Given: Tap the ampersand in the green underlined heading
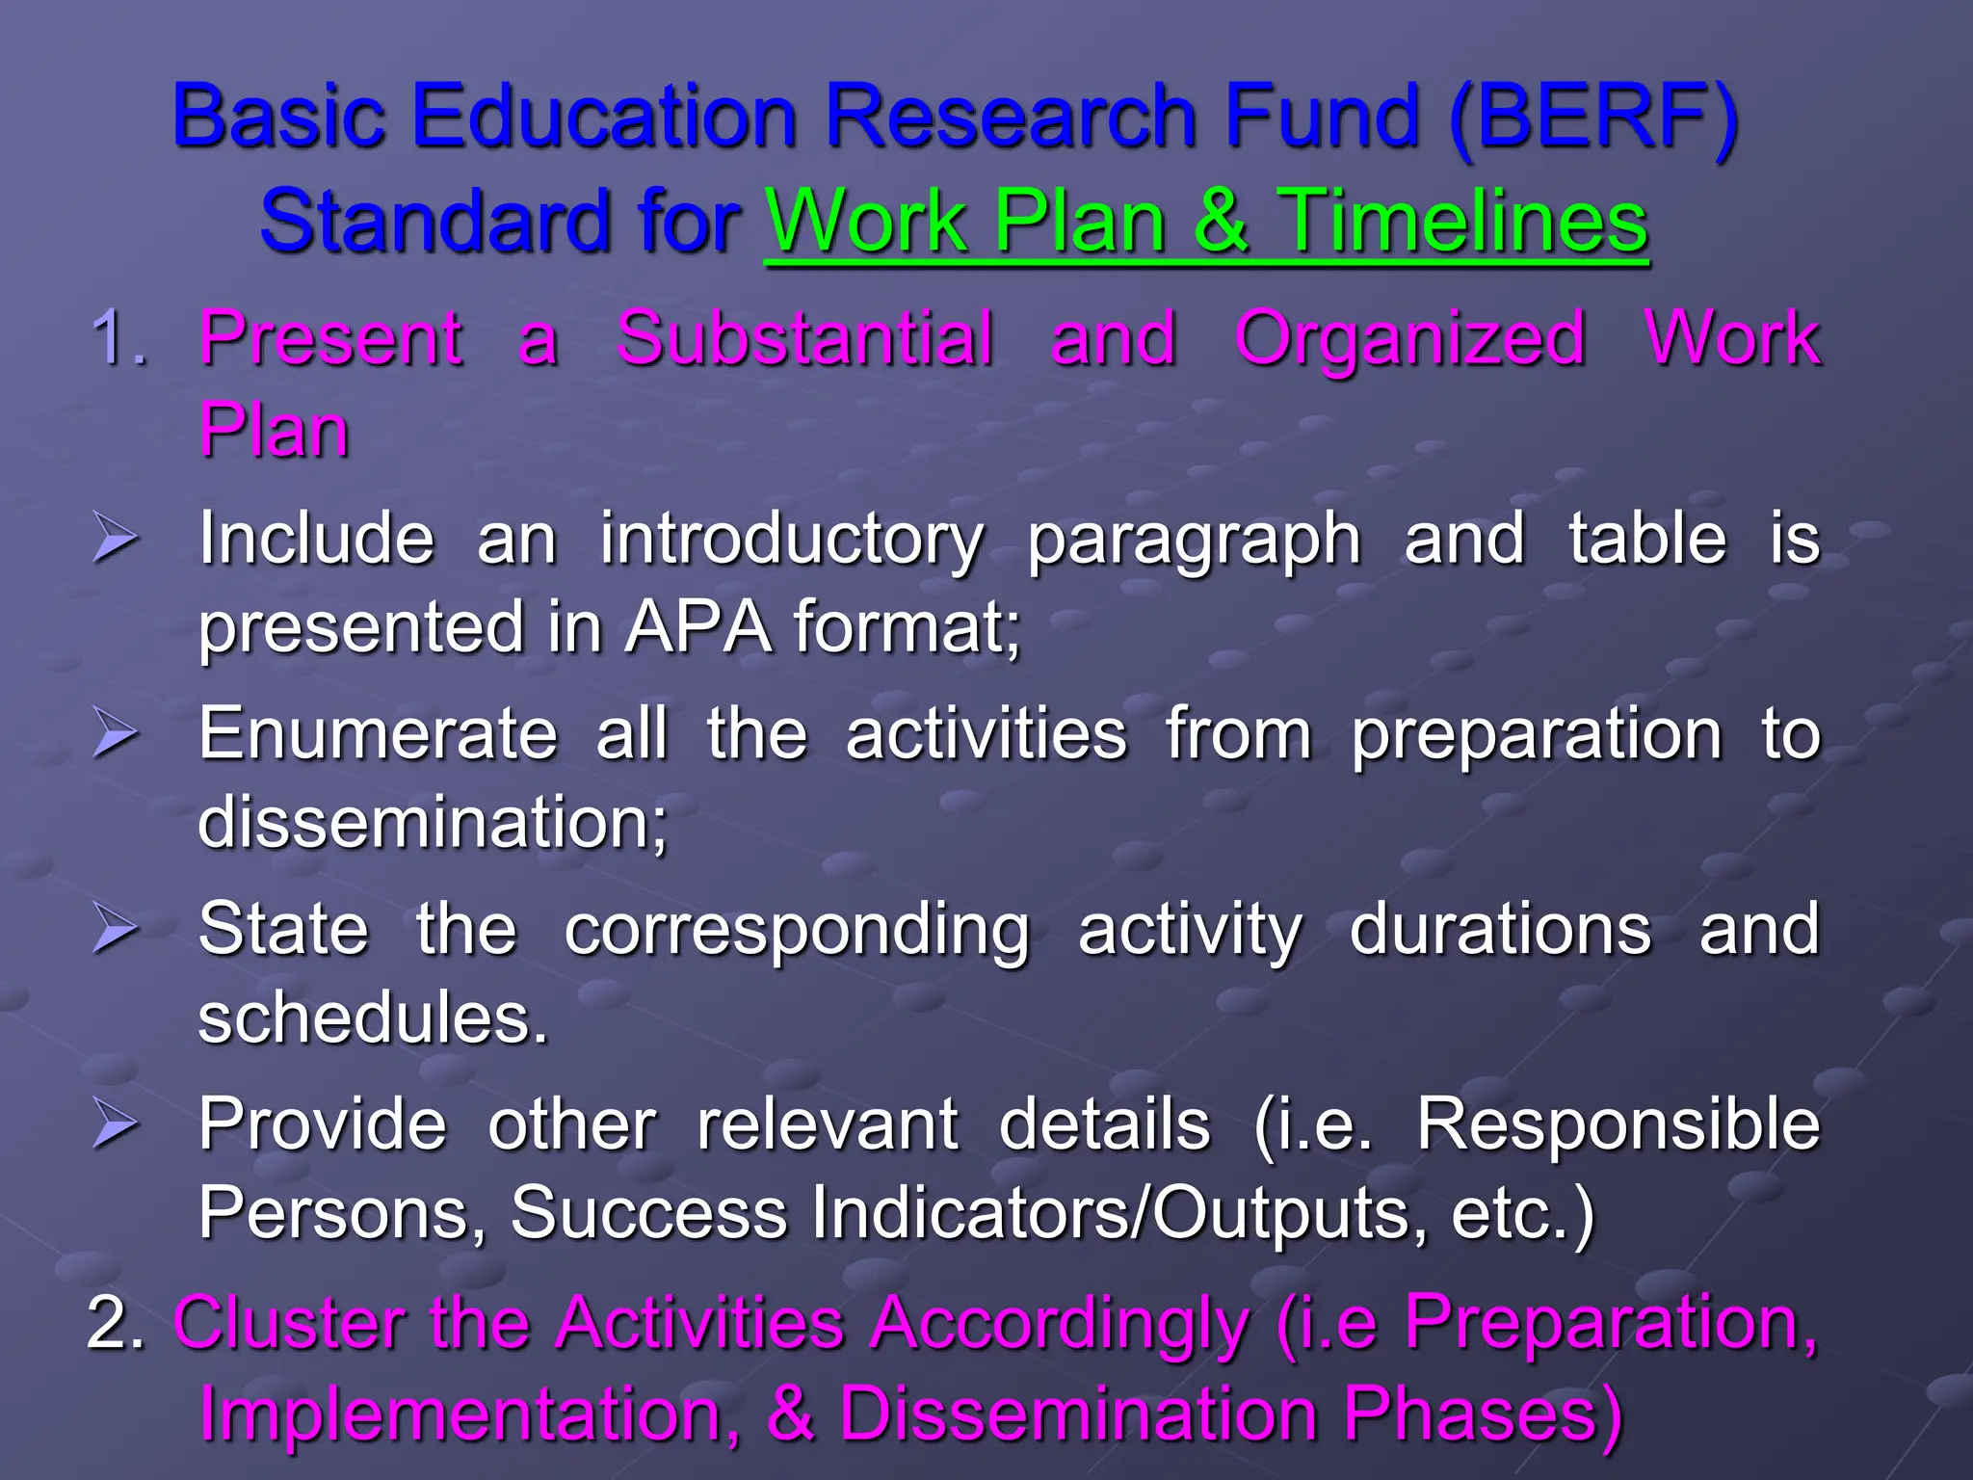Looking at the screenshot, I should pos(1222,222).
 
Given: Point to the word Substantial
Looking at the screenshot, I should pos(805,339).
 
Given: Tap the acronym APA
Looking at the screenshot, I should pos(698,627).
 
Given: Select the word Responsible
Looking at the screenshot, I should pos(1618,1124).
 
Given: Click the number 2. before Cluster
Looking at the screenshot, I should pos(116,1322).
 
